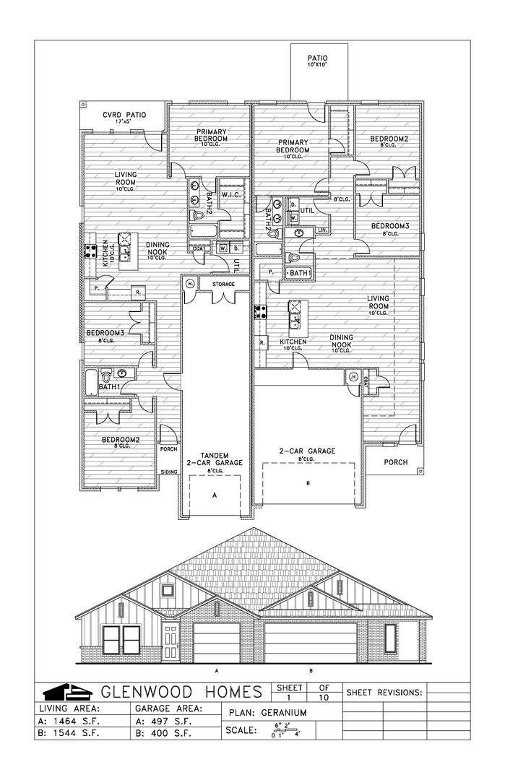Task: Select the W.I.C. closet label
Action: (x=231, y=194)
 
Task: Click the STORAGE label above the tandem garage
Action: (x=223, y=285)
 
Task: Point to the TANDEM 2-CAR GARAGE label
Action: (x=214, y=458)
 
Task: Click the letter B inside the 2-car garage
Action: (x=308, y=482)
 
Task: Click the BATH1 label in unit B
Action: (x=299, y=272)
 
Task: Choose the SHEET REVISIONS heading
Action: (x=385, y=692)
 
